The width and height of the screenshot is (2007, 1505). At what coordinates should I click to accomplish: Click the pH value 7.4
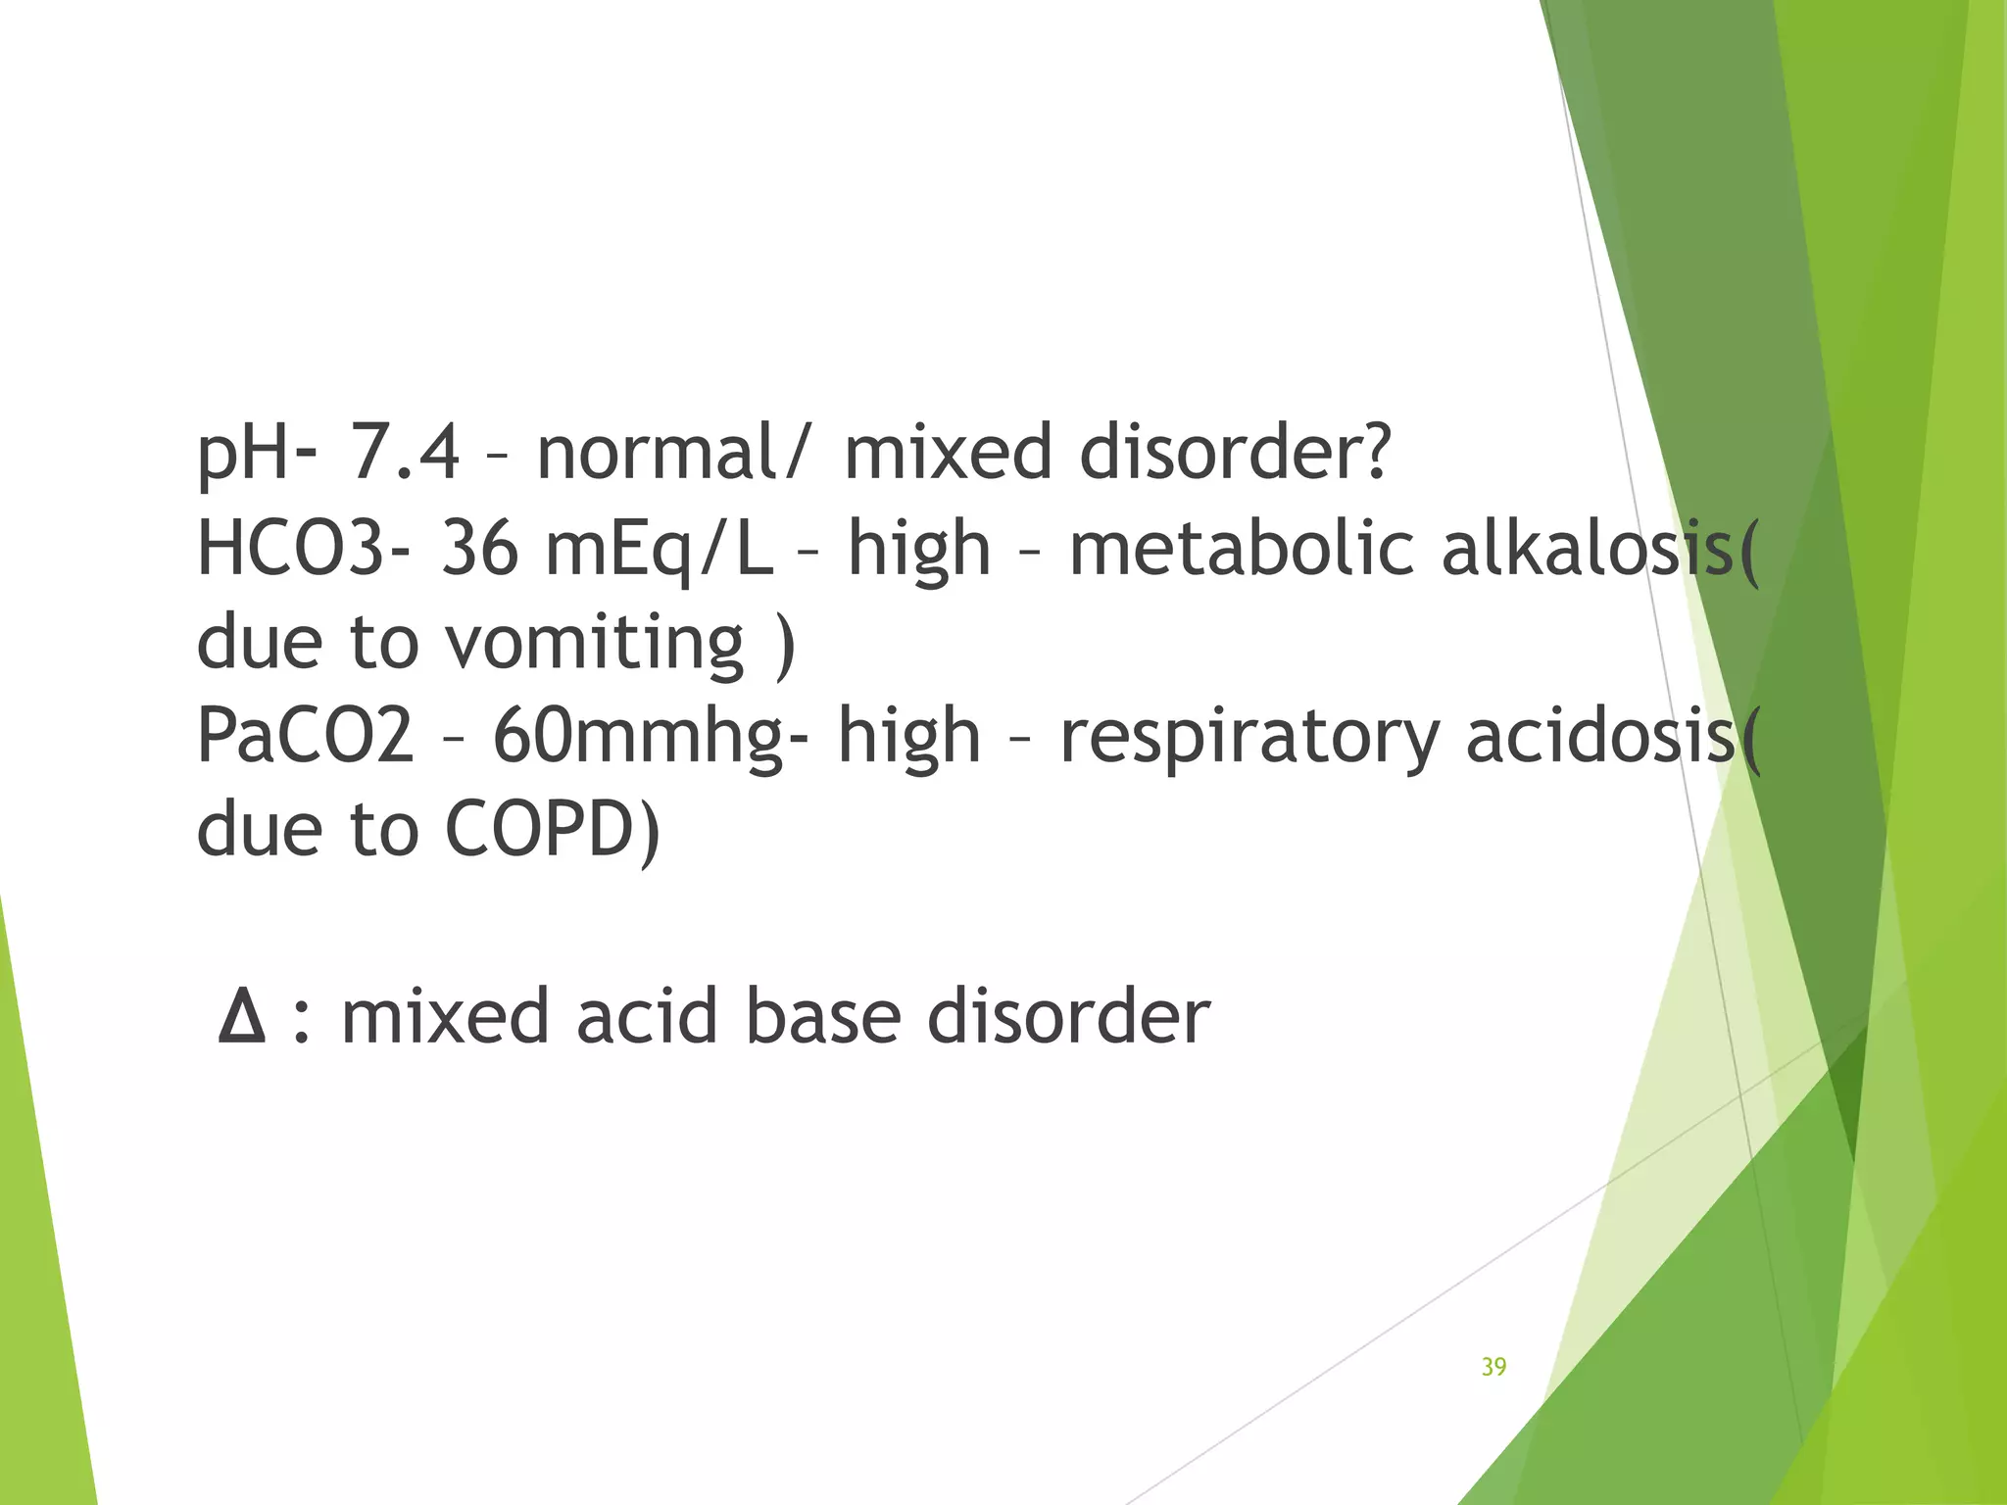coord(404,453)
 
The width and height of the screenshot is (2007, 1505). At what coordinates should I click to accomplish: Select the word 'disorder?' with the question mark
coord(1235,453)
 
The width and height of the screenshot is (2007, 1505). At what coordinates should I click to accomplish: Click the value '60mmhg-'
coord(652,738)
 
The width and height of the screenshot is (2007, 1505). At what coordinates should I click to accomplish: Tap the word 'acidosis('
coord(1613,736)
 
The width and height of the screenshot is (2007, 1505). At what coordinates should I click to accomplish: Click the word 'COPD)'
coord(554,830)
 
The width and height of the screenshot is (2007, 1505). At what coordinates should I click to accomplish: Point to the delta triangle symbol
coord(242,1016)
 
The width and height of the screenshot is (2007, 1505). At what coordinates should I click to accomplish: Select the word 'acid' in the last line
coord(648,1016)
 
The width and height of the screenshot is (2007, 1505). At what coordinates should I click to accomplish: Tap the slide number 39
coord(1493,1367)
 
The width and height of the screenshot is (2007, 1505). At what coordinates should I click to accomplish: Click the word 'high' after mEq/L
coord(919,550)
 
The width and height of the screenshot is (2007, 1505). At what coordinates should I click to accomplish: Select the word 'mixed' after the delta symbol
coord(445,1016)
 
